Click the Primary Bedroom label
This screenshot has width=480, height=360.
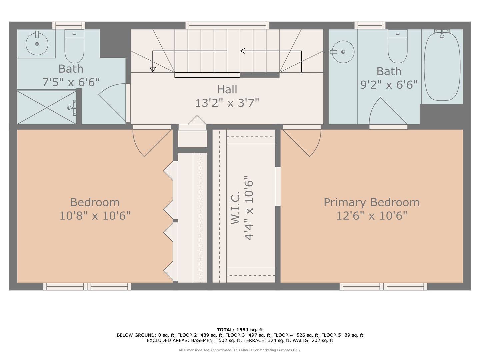coord(371,203)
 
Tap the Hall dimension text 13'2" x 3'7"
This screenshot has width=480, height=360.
coord(227,103)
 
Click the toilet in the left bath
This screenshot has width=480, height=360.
coord(74,46)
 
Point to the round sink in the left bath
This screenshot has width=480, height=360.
coord(37,44)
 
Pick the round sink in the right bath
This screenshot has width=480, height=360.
coord(343,52)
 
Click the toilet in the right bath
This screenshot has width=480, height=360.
coord(398,46)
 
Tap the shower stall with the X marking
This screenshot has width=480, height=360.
coord(47,107)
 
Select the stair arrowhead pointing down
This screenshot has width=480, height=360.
coord(153,70)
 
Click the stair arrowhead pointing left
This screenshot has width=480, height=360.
coord(243,51)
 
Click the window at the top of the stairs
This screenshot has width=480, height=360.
coord(227,25)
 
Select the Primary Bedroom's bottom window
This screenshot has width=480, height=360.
coord(383,287)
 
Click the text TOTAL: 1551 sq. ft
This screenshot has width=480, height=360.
coord(240,330)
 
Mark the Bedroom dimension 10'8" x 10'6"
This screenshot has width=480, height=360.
coord(95,216)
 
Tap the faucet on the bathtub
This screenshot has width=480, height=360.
coord(442,33)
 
